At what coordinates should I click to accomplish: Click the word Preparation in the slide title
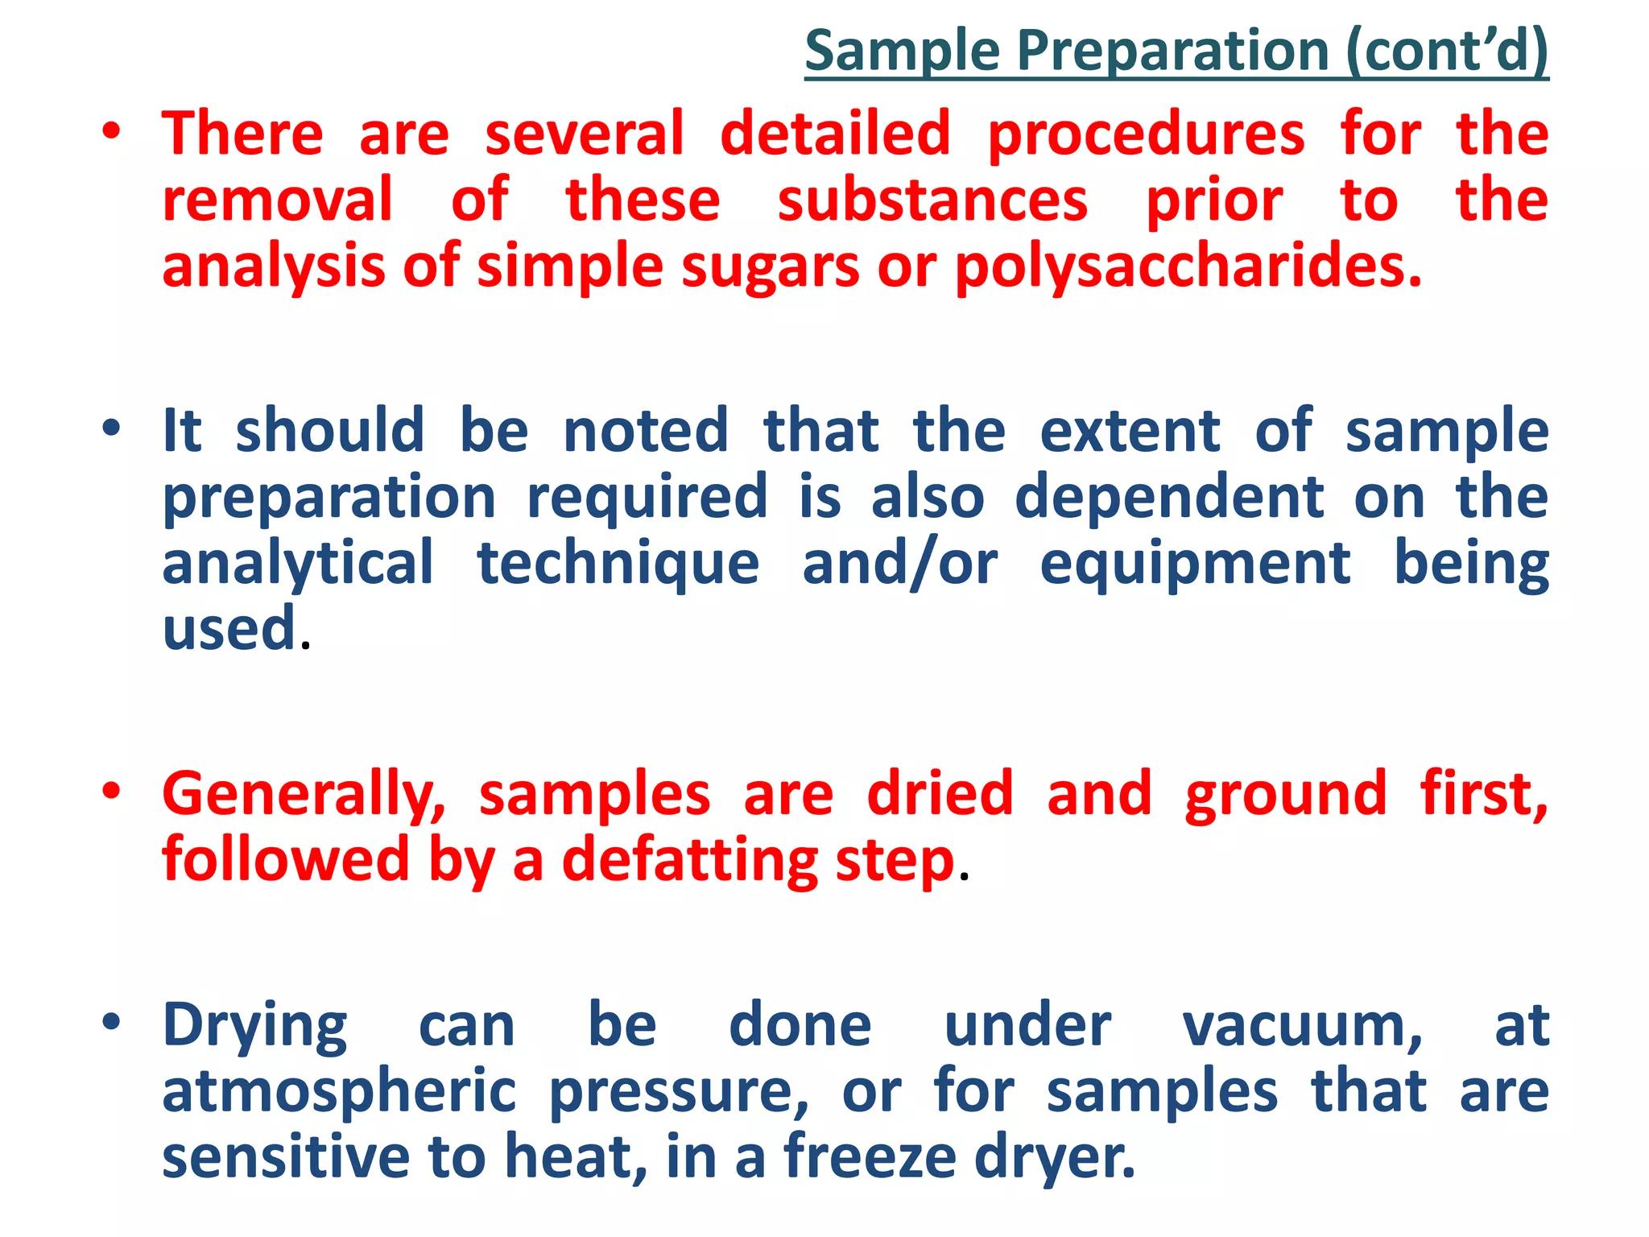click(1172, 52)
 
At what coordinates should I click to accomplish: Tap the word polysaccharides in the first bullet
click(1188, 267)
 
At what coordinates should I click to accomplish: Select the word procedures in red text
click(1146, 135)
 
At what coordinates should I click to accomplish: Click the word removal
click(278, 201)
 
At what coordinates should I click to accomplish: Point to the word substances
click(932, 201)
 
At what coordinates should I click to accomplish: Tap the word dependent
click(1169, 497)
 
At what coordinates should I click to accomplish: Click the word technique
click(618, 564)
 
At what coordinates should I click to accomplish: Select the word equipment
click(1195, 565)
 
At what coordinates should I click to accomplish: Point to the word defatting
click(689, 861)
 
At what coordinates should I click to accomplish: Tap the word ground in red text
click(1286, 796)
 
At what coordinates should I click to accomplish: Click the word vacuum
click(1302, 1026)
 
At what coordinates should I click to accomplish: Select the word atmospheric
click(339, 1093)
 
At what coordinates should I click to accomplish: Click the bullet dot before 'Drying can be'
click(111, 1021)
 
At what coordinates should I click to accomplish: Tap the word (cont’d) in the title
click(1446, 52)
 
